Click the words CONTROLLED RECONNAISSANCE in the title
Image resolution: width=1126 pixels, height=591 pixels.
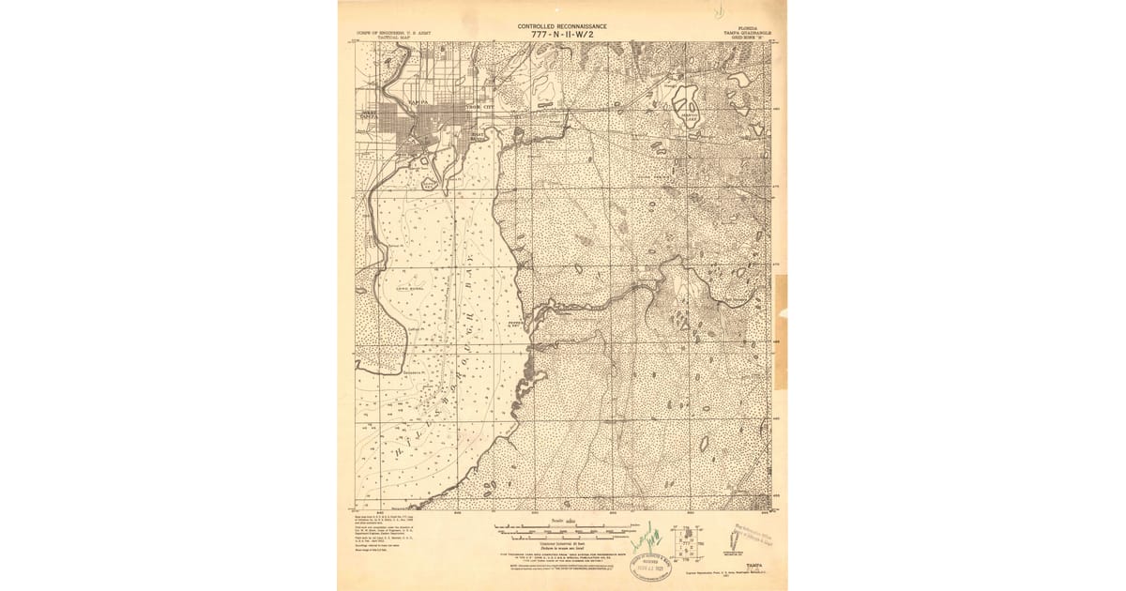click(x=562, y=26)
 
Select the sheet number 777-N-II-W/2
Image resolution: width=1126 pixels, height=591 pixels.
click(x=562, y=36)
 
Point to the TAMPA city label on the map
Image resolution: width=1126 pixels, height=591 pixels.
click(x=418, y=101)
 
